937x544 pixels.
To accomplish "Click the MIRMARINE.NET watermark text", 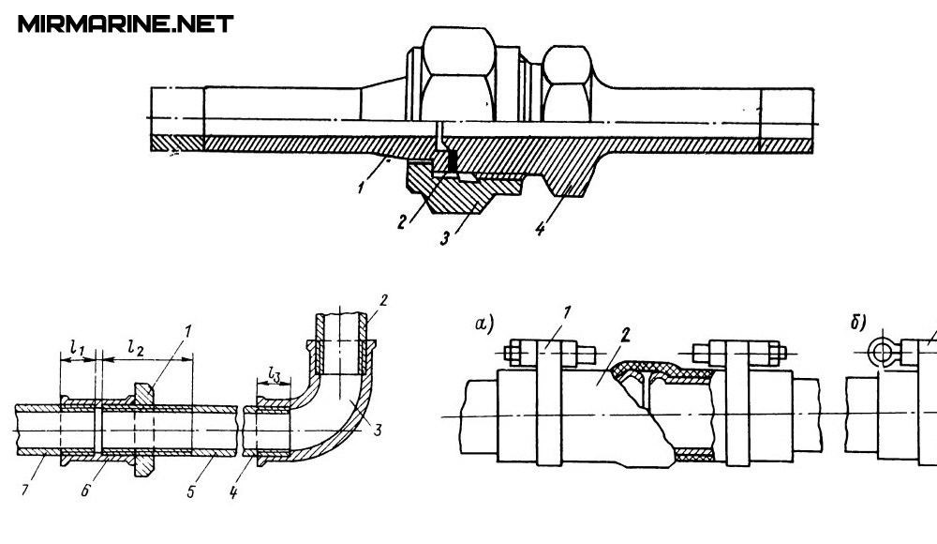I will [x=125, y=24].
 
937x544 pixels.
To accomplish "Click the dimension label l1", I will [x=78, y=352].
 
